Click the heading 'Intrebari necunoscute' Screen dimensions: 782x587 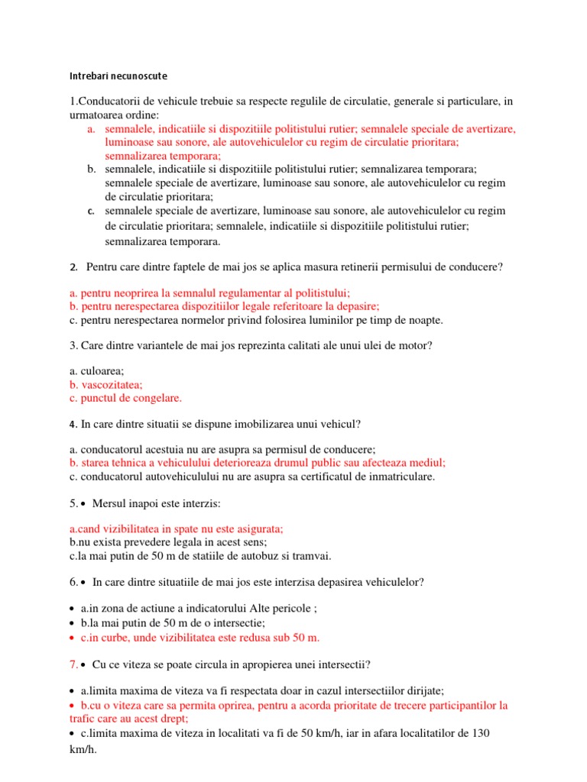(118, 76)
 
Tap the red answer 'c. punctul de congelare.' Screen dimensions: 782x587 (125, 398)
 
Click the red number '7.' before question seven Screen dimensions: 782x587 (75, 663)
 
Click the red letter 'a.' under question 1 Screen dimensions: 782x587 (91, 129)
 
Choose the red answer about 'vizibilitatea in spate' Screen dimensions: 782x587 (176, 528)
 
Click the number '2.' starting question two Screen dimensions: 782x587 (73, 267)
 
